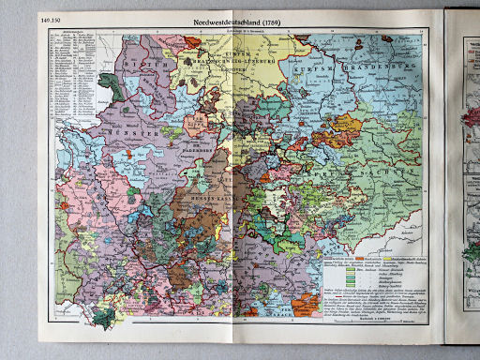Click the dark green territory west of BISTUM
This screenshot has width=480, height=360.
(x=113, y=85)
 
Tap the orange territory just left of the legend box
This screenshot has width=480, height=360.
(x=305, y=305)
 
